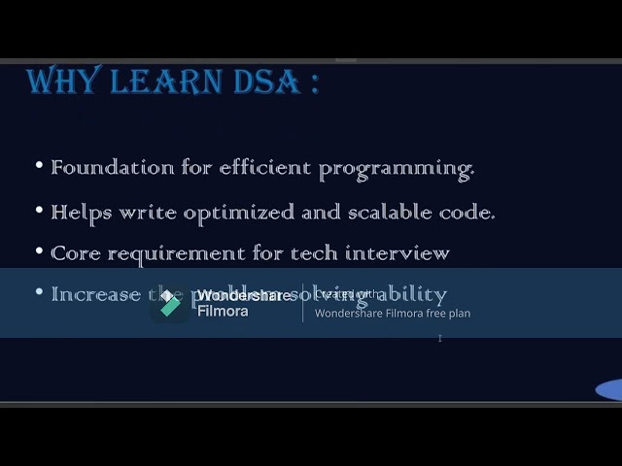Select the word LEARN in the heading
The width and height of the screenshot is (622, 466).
click(x=168, y=82)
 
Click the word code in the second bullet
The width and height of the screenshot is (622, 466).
click(x=469, y=211)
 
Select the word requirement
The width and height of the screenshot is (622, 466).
click(x=175, y=254)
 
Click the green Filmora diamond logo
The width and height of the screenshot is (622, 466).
click(x=171, y=304)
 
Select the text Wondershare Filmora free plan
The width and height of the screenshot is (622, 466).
click(x=392, y=314)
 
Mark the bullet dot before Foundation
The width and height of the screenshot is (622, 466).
click(x=40, y=166)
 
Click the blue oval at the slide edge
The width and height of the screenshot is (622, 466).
click(x=610, y=390)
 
